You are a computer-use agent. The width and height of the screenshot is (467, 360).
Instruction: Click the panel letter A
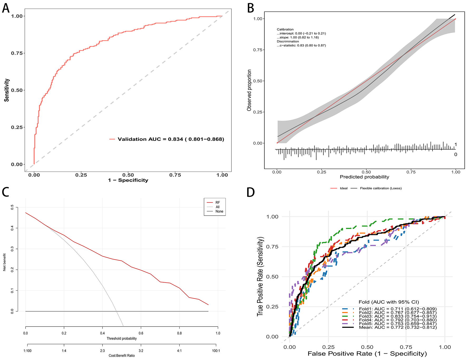6,8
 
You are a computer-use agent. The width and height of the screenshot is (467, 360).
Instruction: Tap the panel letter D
250,192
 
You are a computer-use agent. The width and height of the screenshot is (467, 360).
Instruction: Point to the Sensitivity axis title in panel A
7,90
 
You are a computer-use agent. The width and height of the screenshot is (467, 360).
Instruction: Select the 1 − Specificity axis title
128,180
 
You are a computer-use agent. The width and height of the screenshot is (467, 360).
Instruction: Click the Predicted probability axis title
364,177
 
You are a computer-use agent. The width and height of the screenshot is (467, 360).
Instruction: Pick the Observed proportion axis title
249,90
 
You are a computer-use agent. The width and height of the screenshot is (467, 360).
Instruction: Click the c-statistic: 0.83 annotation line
301,45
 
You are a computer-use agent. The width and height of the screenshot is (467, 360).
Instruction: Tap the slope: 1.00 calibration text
298,37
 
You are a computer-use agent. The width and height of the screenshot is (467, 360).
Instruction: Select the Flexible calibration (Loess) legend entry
381,188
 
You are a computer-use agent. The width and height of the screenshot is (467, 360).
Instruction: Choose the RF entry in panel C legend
217,203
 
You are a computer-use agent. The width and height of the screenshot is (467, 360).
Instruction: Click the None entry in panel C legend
219,211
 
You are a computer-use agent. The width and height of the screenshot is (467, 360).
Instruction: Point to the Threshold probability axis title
122,338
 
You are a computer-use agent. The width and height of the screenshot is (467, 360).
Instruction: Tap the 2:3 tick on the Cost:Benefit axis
102,351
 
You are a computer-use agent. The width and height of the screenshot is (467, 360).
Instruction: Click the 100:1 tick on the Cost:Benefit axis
216,351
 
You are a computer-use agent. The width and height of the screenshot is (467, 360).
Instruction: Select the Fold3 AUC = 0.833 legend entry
397,316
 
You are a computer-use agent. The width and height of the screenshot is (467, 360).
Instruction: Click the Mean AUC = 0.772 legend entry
397,327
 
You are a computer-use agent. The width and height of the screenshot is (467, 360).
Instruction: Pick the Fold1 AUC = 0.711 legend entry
397,309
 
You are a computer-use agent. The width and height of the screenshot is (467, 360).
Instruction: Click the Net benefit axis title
4,262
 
